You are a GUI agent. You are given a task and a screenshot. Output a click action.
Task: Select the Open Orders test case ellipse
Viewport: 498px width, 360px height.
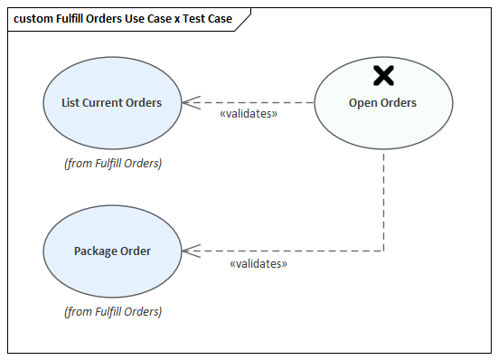point(382,122)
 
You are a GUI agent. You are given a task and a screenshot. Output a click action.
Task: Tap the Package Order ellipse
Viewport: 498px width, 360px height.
point(111,268)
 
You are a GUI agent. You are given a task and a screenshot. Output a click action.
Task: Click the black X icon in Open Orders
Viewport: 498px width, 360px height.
point(383,76)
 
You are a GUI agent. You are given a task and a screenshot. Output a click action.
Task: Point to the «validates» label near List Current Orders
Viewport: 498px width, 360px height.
point(249,115)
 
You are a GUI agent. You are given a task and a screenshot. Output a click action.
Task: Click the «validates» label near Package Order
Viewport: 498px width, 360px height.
point(258,263)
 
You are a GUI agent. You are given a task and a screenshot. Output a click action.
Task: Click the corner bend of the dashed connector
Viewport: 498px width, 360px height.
point(384,251)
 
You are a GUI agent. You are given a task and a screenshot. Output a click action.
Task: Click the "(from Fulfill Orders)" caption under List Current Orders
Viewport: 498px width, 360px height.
point(113,164)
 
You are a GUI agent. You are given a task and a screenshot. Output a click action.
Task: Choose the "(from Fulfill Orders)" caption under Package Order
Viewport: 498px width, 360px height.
point(113,312)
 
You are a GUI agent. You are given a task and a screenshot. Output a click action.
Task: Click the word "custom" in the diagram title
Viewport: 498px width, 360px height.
point(33,19)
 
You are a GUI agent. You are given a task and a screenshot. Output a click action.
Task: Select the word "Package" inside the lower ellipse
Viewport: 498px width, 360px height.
point(96,251)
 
